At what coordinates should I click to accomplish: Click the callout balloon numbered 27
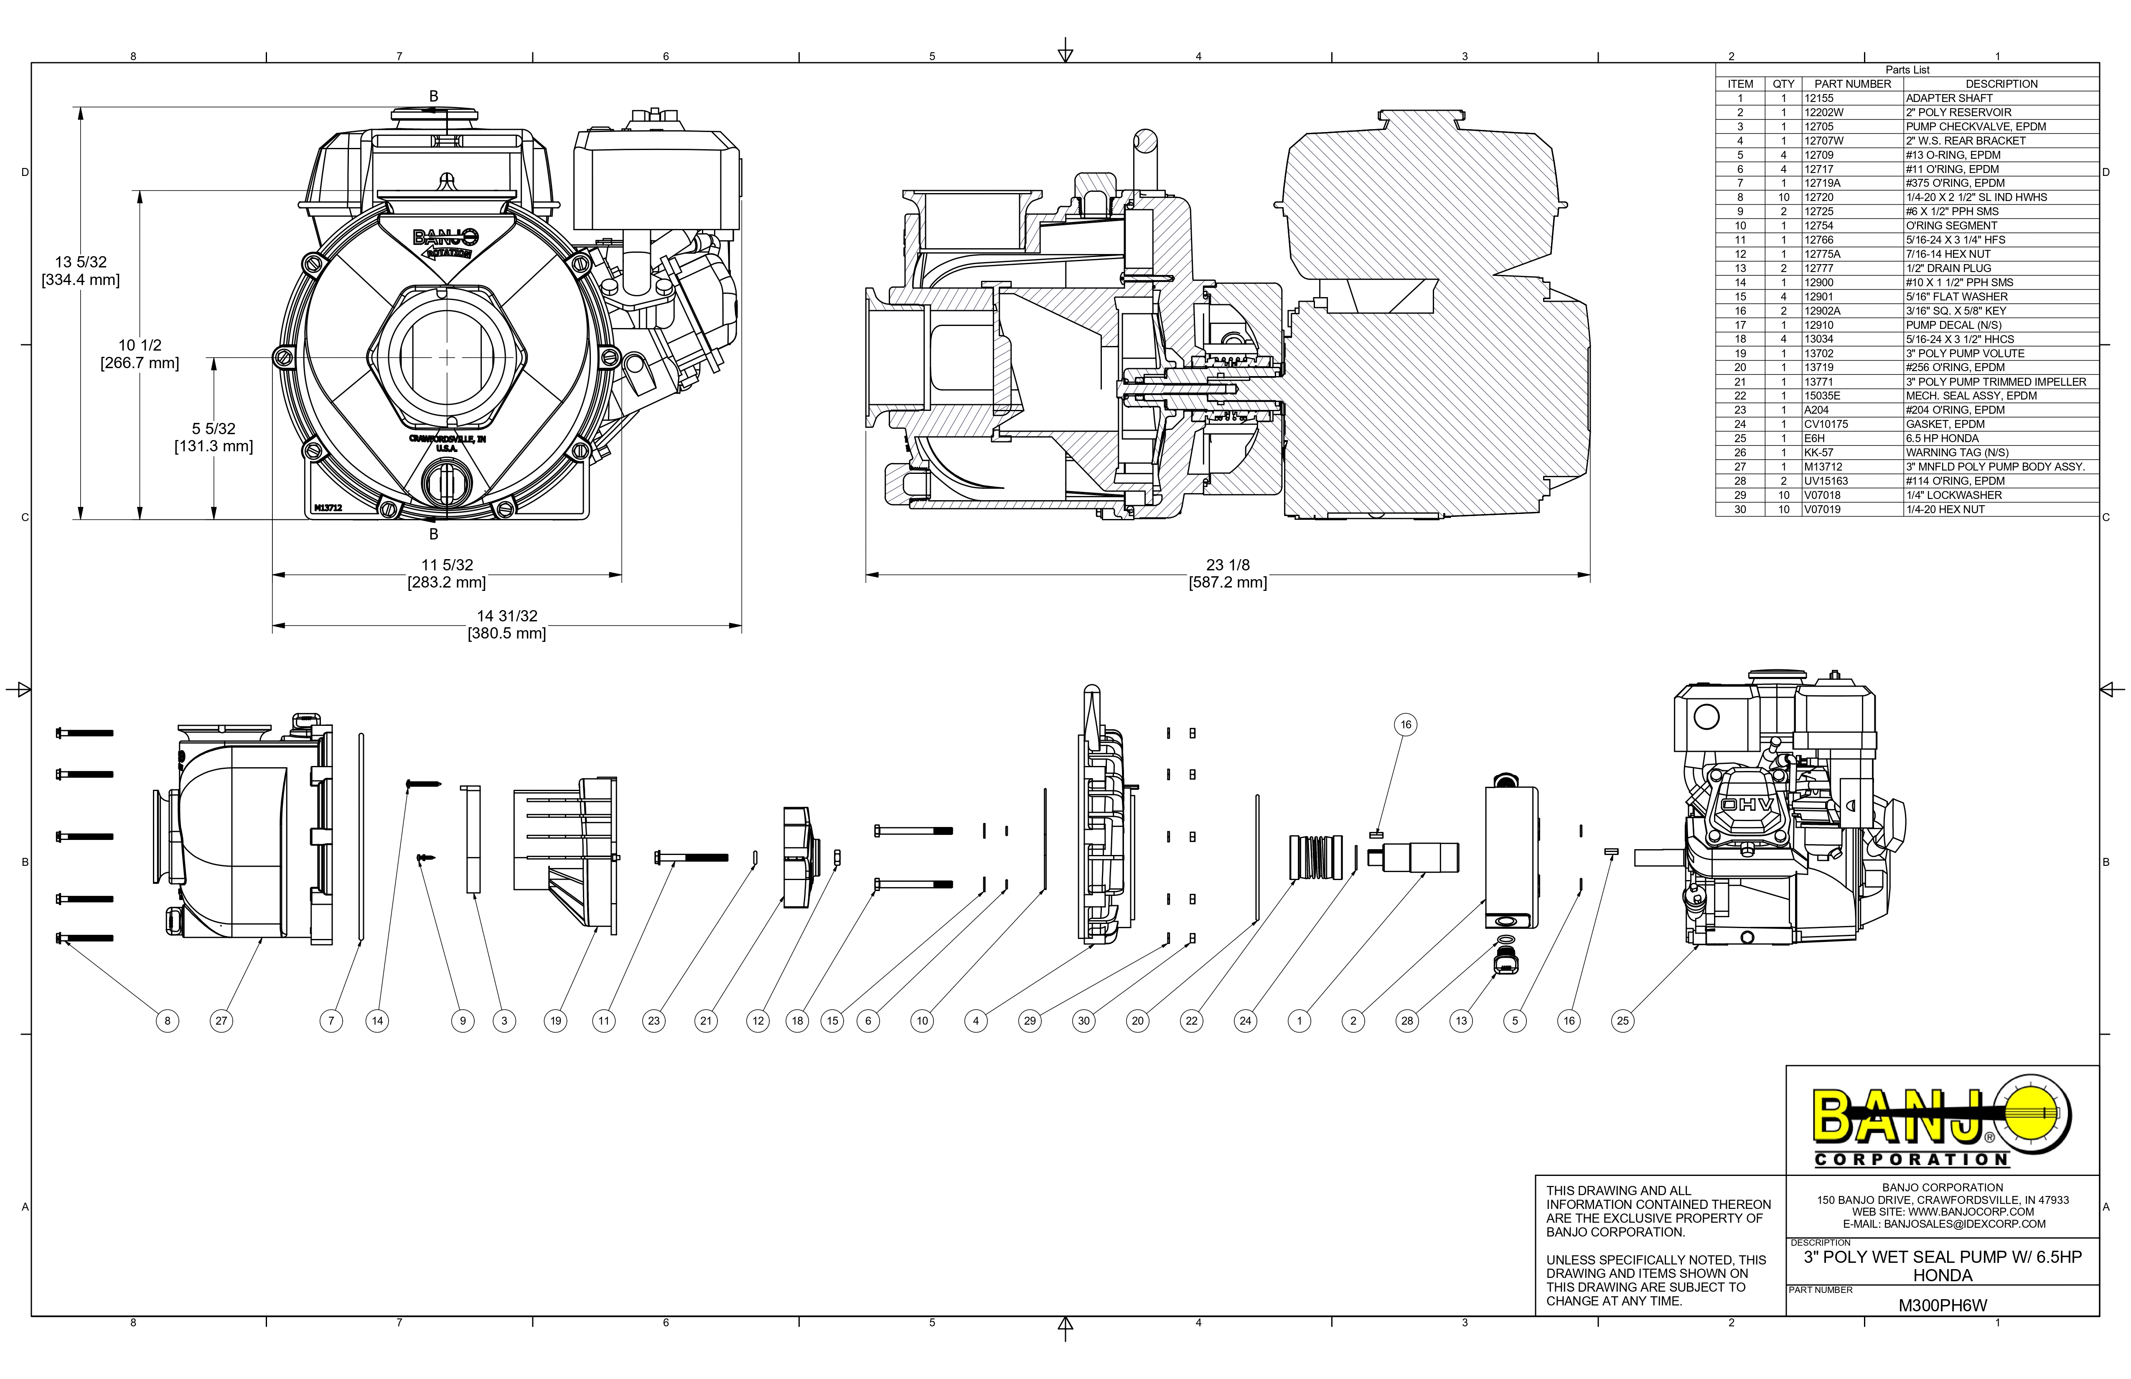[221, 1021]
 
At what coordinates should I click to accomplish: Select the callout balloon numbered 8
[168, 1021]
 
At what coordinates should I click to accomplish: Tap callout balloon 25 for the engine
[1622, 1021]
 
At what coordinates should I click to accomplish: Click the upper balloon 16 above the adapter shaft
[1406, 725]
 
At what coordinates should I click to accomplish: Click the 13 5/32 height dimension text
[81, 270]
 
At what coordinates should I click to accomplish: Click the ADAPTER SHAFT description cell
[1949, 99]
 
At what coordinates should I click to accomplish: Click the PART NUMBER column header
[1853, 84]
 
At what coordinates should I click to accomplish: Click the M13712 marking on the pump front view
[328, 508]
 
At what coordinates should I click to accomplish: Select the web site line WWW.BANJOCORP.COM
[1943, 1211]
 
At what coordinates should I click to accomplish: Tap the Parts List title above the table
[1907, 70]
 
